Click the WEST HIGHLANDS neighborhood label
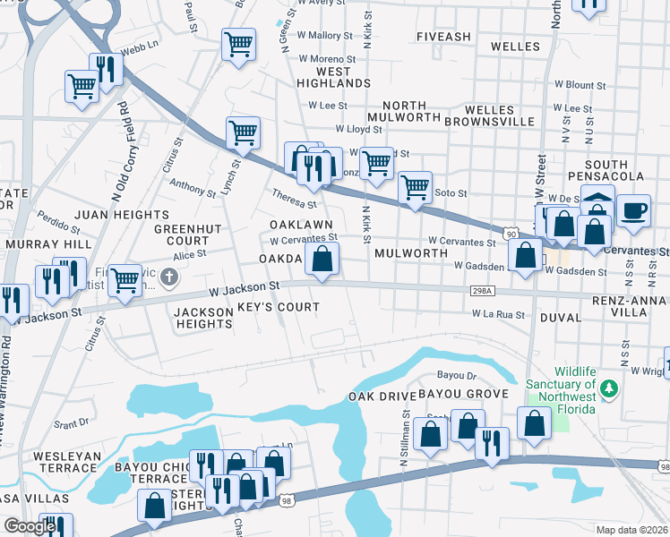click(332, 77)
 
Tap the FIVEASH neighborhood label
click(443, 37)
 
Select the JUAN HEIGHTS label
click(121, 215)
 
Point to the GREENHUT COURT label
click(182, 234)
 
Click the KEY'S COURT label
click(279, 307)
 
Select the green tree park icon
click(609, 388)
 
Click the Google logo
click(30, 526)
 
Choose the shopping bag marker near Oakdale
click(322, 260)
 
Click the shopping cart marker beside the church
click(124, 279)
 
